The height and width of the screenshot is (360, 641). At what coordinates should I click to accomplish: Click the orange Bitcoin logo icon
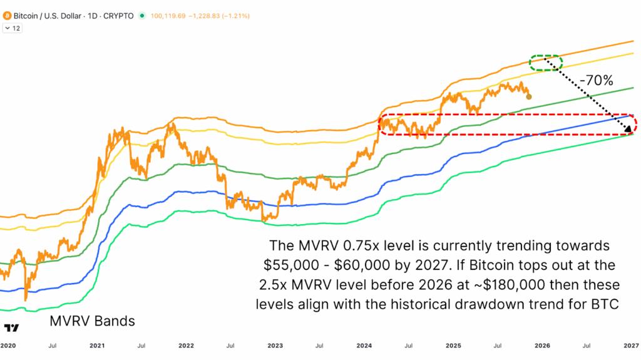[7, 15]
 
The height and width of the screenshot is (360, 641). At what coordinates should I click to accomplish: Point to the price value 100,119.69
[168, 15]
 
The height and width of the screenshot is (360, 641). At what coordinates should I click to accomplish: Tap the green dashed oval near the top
[546, 62]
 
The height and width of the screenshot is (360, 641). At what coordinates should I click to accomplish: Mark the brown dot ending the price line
[530, 96]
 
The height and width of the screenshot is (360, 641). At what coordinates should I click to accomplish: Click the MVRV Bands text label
[92, 322]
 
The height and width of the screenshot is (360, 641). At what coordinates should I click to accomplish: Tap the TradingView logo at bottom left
[11, 328]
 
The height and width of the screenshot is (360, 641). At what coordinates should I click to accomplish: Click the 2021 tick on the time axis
[97, 345]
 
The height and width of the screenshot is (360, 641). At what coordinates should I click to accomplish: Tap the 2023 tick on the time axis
[276, 345]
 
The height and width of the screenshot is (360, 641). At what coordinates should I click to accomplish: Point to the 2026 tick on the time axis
[542, 345]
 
